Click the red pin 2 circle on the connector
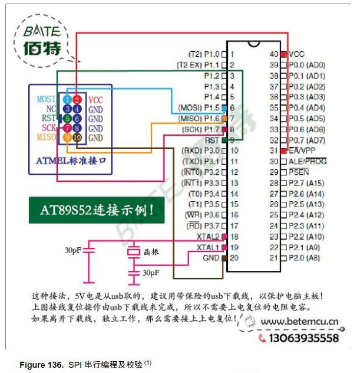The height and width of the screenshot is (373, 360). point(77,99)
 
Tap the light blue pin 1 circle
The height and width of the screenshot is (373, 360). point(68,99)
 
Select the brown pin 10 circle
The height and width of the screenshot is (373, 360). point(77,138)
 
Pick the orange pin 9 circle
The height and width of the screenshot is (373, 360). point(68,138)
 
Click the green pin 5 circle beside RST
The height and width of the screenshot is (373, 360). point(68,119)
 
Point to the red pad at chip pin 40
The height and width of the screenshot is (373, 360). point(283,54)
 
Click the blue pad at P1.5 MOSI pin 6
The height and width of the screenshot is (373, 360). point(224,108)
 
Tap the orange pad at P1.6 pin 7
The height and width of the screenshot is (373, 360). point(224,119)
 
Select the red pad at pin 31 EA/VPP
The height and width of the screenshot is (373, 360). point(283,151)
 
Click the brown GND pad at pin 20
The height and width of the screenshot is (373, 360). point(224,258)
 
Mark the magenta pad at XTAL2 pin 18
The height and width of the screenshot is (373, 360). point(224,237)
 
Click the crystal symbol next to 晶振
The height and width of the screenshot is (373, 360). point(134,252)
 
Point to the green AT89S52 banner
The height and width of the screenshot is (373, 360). point(97,210)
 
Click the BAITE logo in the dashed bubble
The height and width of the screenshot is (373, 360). point(42,41)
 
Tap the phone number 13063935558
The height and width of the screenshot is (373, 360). point(303,338)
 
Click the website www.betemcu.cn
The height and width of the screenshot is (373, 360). point(299,322)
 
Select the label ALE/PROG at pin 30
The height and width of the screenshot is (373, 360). point(308,162)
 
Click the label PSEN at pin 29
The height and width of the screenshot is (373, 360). point(299,172)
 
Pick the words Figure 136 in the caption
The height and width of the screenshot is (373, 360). point(42,365)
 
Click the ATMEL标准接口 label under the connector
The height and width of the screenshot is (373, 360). point(71,161)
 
